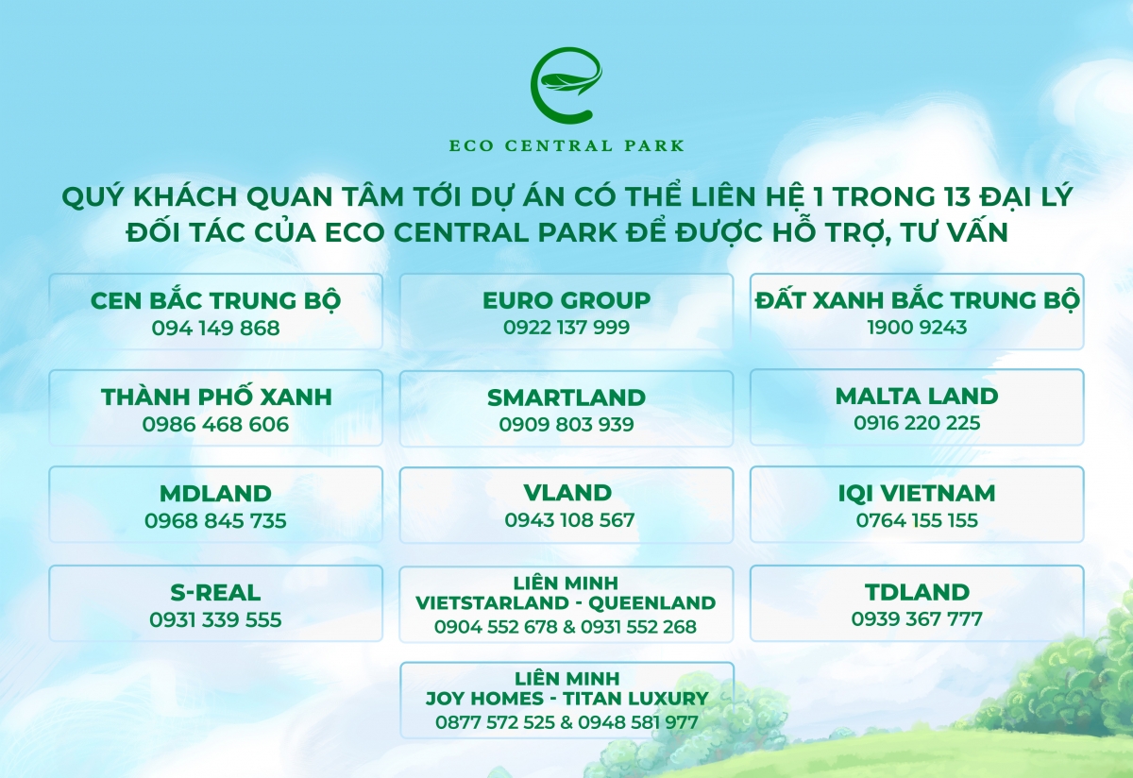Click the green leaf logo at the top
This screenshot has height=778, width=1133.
[x=566, y=86]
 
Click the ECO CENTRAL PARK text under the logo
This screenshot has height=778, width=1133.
[x=566, y=146]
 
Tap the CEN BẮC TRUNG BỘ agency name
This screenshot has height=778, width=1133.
[x=215, y=300]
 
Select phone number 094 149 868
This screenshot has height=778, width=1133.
[x=215, y=329]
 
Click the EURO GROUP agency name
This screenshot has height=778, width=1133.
[x=566, y=300]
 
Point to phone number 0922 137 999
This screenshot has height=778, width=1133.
[x=566, y=329]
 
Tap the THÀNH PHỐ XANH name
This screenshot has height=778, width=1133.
[x=216, y=397]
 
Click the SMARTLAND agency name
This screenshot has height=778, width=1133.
[x=566, y=397]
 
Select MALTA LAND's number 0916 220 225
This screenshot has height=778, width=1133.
[x=917, y=424]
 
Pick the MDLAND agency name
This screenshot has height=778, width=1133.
[x=215, y=493]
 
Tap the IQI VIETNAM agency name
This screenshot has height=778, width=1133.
[x=917, y=493]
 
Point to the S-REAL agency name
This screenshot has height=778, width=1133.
[x=215, y=593]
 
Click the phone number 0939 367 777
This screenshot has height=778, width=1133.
[x=917, y=619]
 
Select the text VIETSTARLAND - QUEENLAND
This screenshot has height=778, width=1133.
[x=566, y=602]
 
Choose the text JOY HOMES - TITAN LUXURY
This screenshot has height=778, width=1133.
[x=566, y=699]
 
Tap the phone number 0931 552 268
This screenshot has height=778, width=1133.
[x=638, y=627]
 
